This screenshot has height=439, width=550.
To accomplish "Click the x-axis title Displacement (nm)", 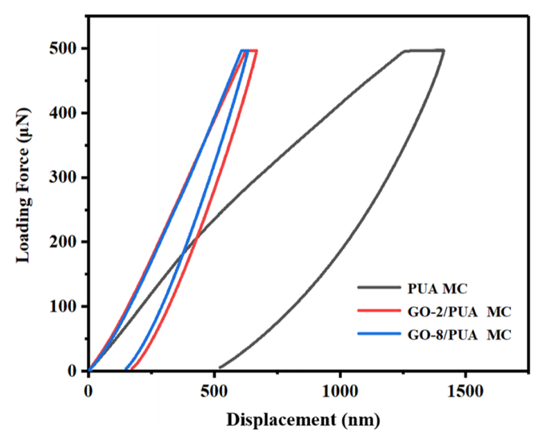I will pyautogui.click(x=303, y=420).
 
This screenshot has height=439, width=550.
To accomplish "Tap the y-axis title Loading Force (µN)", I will pyautogui.click(x=23, y=196).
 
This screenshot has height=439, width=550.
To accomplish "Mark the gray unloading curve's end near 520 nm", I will pyautogui.click(x=220, y=367).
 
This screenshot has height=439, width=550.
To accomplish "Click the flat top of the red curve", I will pyautogui.click(x=252, y=51).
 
